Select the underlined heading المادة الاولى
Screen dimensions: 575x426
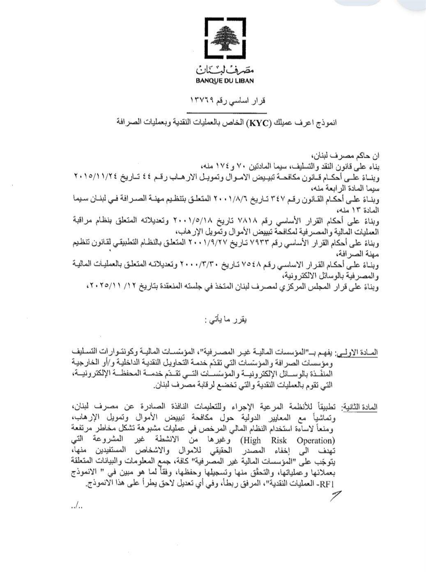point(357,354)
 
